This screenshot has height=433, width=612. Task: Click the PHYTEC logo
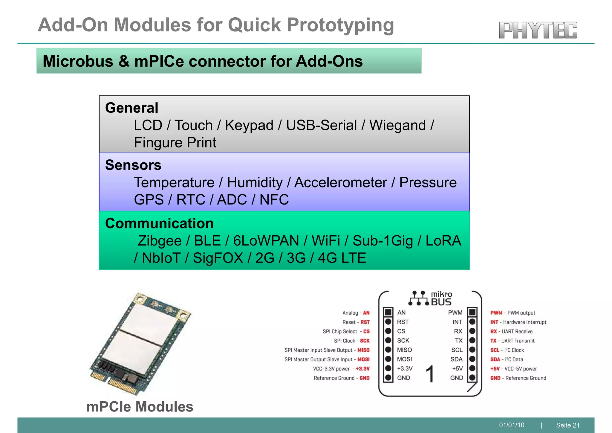(538, 30)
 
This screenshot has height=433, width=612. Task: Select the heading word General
(131, 108)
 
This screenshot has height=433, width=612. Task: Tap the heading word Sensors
(133, 165)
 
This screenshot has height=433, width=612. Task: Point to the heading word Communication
(159, 223)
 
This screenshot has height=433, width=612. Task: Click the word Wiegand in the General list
(397, 125)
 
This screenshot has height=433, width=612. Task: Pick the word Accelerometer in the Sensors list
(341, 182)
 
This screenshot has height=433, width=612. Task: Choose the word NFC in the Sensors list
(274, 200)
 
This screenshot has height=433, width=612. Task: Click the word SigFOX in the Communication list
(218, 258)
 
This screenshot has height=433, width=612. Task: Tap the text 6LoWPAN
(266, 241)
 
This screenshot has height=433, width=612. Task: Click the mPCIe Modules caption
(140, 407)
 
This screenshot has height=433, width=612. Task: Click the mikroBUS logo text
(441, 299)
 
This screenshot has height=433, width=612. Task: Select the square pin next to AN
(388, 312)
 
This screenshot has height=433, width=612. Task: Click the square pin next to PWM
(472, 312)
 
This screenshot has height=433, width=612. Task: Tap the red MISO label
(363, 350)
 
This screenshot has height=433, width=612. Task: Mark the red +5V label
(495, 369)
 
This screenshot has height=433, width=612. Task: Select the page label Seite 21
(568, 425)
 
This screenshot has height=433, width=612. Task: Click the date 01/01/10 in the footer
(512, 425)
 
